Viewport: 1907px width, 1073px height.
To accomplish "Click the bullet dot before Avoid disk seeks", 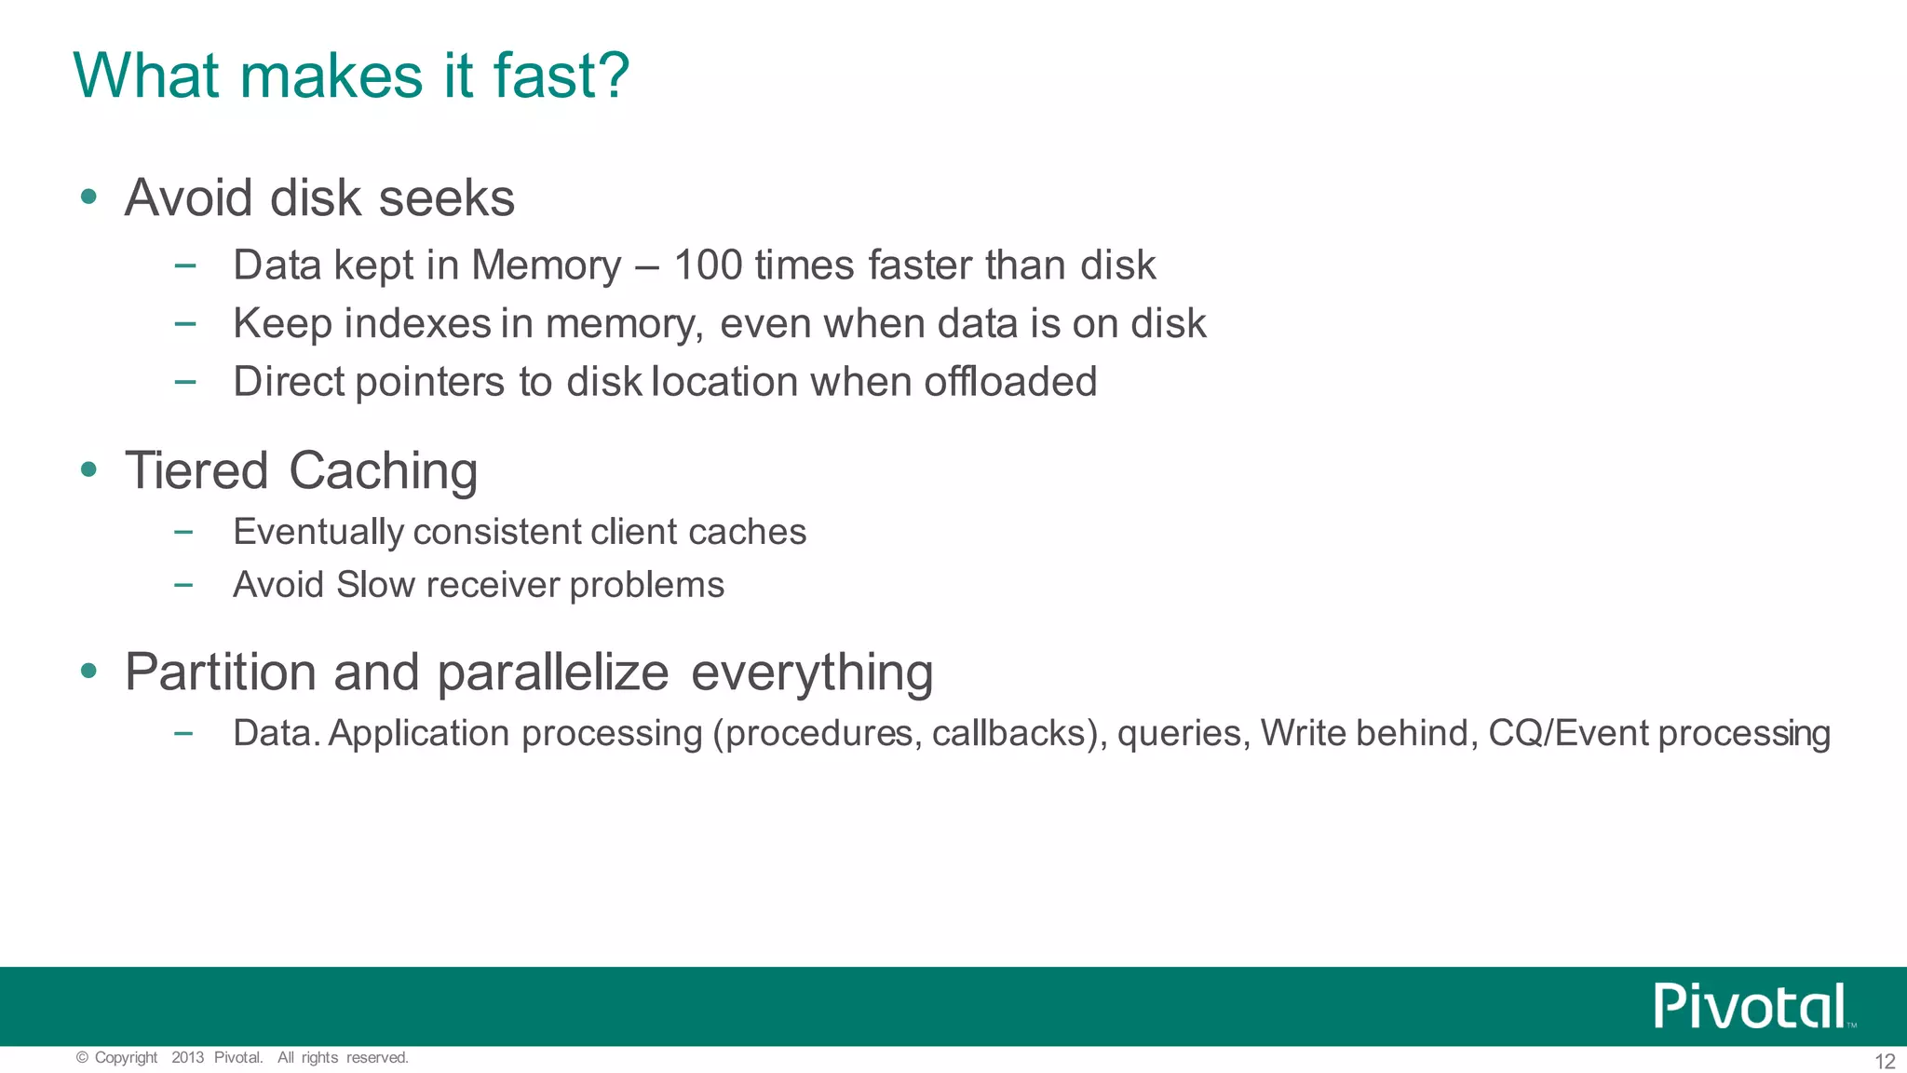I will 88,197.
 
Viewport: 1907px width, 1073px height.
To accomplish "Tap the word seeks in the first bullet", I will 447,198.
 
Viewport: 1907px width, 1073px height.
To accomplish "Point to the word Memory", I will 546,265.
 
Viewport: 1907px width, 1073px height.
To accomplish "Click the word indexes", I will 417,324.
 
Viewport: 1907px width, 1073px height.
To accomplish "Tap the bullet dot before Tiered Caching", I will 88,469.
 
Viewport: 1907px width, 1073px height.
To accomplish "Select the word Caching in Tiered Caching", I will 383,471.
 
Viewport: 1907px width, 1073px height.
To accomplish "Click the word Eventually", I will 318,533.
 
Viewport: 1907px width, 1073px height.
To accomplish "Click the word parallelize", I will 552,672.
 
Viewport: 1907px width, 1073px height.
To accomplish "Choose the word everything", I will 812,672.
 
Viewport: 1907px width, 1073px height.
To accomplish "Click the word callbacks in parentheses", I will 1008,734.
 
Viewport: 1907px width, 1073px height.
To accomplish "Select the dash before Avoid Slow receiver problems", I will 183,586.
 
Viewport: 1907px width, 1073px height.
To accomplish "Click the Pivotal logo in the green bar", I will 1751,1006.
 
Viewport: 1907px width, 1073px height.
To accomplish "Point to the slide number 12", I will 1884,1062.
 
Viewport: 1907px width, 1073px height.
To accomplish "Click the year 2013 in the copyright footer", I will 187,1058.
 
